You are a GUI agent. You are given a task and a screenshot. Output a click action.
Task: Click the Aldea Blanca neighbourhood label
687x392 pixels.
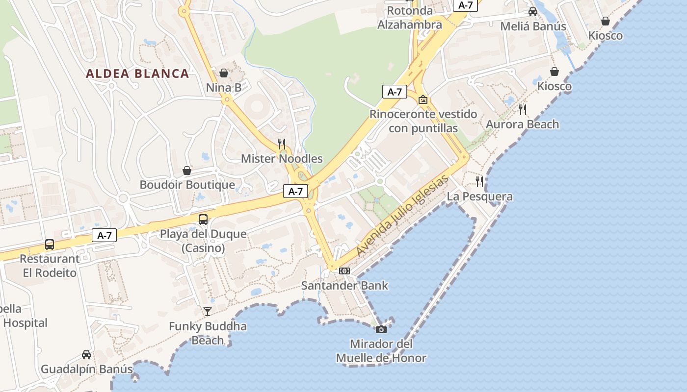coord(137,74)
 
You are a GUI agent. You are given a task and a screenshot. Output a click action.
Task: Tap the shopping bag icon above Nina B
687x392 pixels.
coord(224,73)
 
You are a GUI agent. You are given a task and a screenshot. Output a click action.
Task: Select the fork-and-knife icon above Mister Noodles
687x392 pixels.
coord(282,144)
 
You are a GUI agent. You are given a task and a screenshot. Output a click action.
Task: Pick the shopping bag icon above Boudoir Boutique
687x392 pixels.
coord(187,170)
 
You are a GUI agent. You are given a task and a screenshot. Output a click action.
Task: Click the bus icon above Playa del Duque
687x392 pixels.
coord(203,220)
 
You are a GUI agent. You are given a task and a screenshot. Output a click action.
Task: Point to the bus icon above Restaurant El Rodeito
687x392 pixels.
coord(50,244)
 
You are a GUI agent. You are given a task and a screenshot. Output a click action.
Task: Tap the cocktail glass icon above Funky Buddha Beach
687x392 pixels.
coord(208,311)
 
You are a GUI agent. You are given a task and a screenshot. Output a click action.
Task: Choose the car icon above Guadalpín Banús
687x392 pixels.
coord(86,354)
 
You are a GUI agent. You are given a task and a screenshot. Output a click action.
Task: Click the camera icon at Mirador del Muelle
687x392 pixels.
coord(381,329)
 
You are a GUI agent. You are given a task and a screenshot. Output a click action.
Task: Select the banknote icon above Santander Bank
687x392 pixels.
coord(344,270)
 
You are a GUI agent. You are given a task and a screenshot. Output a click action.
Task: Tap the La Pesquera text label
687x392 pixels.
coord(479,196)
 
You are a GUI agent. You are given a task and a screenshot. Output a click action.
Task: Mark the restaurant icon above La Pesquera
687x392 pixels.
coord(479,182)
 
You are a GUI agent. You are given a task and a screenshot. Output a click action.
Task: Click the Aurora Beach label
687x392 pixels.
coord(522,124)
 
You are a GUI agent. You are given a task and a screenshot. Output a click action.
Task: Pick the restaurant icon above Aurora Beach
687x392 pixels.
coord(523,109)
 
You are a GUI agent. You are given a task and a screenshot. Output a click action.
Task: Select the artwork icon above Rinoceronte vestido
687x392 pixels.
coord(423,99)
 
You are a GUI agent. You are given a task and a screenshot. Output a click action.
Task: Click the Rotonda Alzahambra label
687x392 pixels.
coord(410,17)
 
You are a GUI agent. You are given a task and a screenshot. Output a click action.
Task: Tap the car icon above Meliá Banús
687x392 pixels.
coord(533,12)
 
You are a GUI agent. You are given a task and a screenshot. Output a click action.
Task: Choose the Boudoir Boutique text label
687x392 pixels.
coord(187,185)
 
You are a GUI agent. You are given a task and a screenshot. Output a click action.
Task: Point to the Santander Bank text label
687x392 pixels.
coord(344,285)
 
